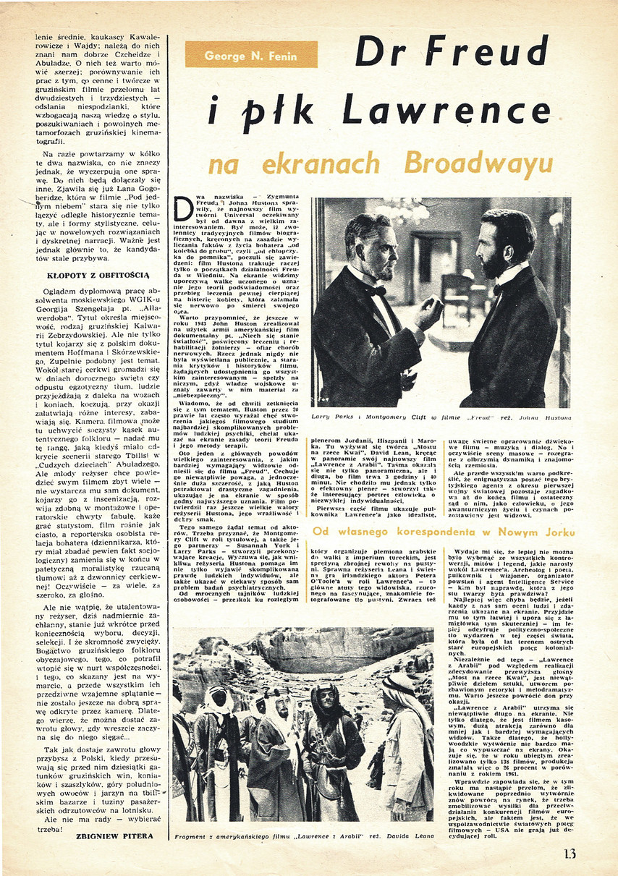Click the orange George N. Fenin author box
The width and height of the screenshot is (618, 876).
251,54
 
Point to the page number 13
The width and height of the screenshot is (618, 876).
570,854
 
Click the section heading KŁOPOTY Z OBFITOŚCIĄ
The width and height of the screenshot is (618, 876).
88,275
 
